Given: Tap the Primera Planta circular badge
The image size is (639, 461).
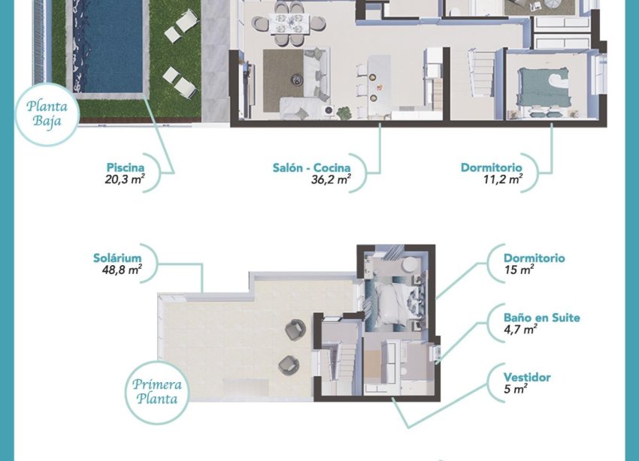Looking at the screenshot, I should [156, 391].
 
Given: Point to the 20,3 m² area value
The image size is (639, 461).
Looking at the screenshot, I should [125, 179].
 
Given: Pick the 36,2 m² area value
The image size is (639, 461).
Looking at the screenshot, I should [330, 179].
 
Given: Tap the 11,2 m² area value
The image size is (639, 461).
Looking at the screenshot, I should [503, 179].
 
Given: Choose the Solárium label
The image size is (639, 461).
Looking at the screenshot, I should [119, 258].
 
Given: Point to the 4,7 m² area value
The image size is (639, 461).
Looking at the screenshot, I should [520, 329].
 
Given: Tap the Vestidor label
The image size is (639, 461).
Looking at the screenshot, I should [527, 378].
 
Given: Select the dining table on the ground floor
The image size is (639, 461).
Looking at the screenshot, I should [289, 23].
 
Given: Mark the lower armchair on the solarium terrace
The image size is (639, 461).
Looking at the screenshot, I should [288, 365].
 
